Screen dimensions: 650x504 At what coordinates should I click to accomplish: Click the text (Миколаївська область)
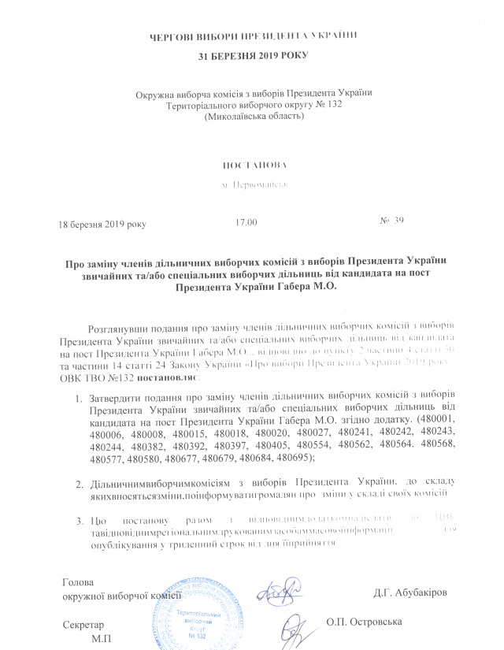point(254,116)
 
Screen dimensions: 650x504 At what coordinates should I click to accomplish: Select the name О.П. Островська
point(366,622)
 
